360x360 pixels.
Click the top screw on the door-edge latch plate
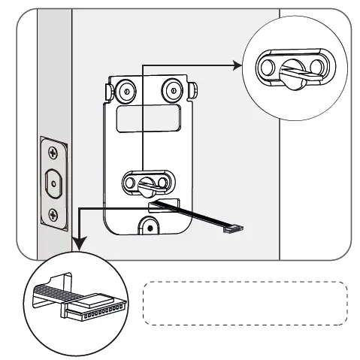(53, 153)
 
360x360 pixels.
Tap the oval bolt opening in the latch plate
(53, 183)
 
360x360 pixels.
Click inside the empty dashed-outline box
(245, 303)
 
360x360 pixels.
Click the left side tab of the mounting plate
(109, 90)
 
